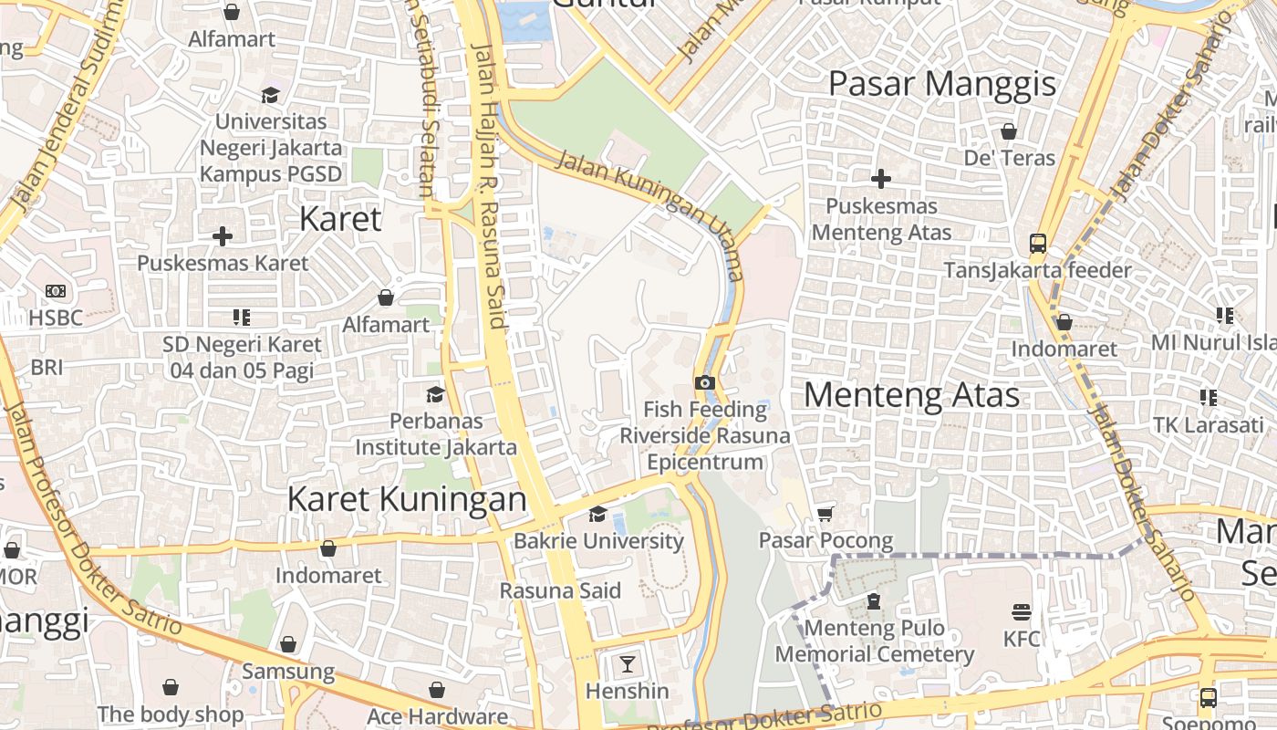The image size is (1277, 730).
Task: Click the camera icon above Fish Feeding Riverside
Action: (x=704, y=382)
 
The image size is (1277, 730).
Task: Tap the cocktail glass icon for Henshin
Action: (x=628, y=663)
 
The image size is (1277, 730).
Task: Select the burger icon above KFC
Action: (x=1022, y=611)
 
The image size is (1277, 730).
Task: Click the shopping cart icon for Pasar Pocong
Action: (x=825, y=515)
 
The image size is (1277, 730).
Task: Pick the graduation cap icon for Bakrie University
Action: (x=597, y=515)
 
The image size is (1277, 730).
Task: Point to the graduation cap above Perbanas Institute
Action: (x=435, y=394)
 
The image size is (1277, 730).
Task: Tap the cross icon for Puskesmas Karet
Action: (x=222, y=236)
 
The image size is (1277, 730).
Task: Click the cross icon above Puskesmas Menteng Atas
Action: (x=881, y=179)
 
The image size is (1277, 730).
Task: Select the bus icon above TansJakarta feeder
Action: (x=1037, y=244)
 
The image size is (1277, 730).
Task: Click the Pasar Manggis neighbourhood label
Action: (x=941, y=84)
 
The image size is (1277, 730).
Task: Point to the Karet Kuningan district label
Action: (x=407, y=499)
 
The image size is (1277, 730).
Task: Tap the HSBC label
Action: (x=56, y=318)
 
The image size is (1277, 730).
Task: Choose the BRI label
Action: (x=47, y=367)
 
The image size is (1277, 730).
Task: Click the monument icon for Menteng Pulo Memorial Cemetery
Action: (x=874, y=601)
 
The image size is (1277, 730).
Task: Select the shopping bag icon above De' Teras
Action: (x=1009, y=131)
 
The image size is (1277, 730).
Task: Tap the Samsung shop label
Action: (x=288, y=672)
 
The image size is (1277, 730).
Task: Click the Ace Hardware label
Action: (x=437, y=716)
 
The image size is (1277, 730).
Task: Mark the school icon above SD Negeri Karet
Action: (x=242, y=318)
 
